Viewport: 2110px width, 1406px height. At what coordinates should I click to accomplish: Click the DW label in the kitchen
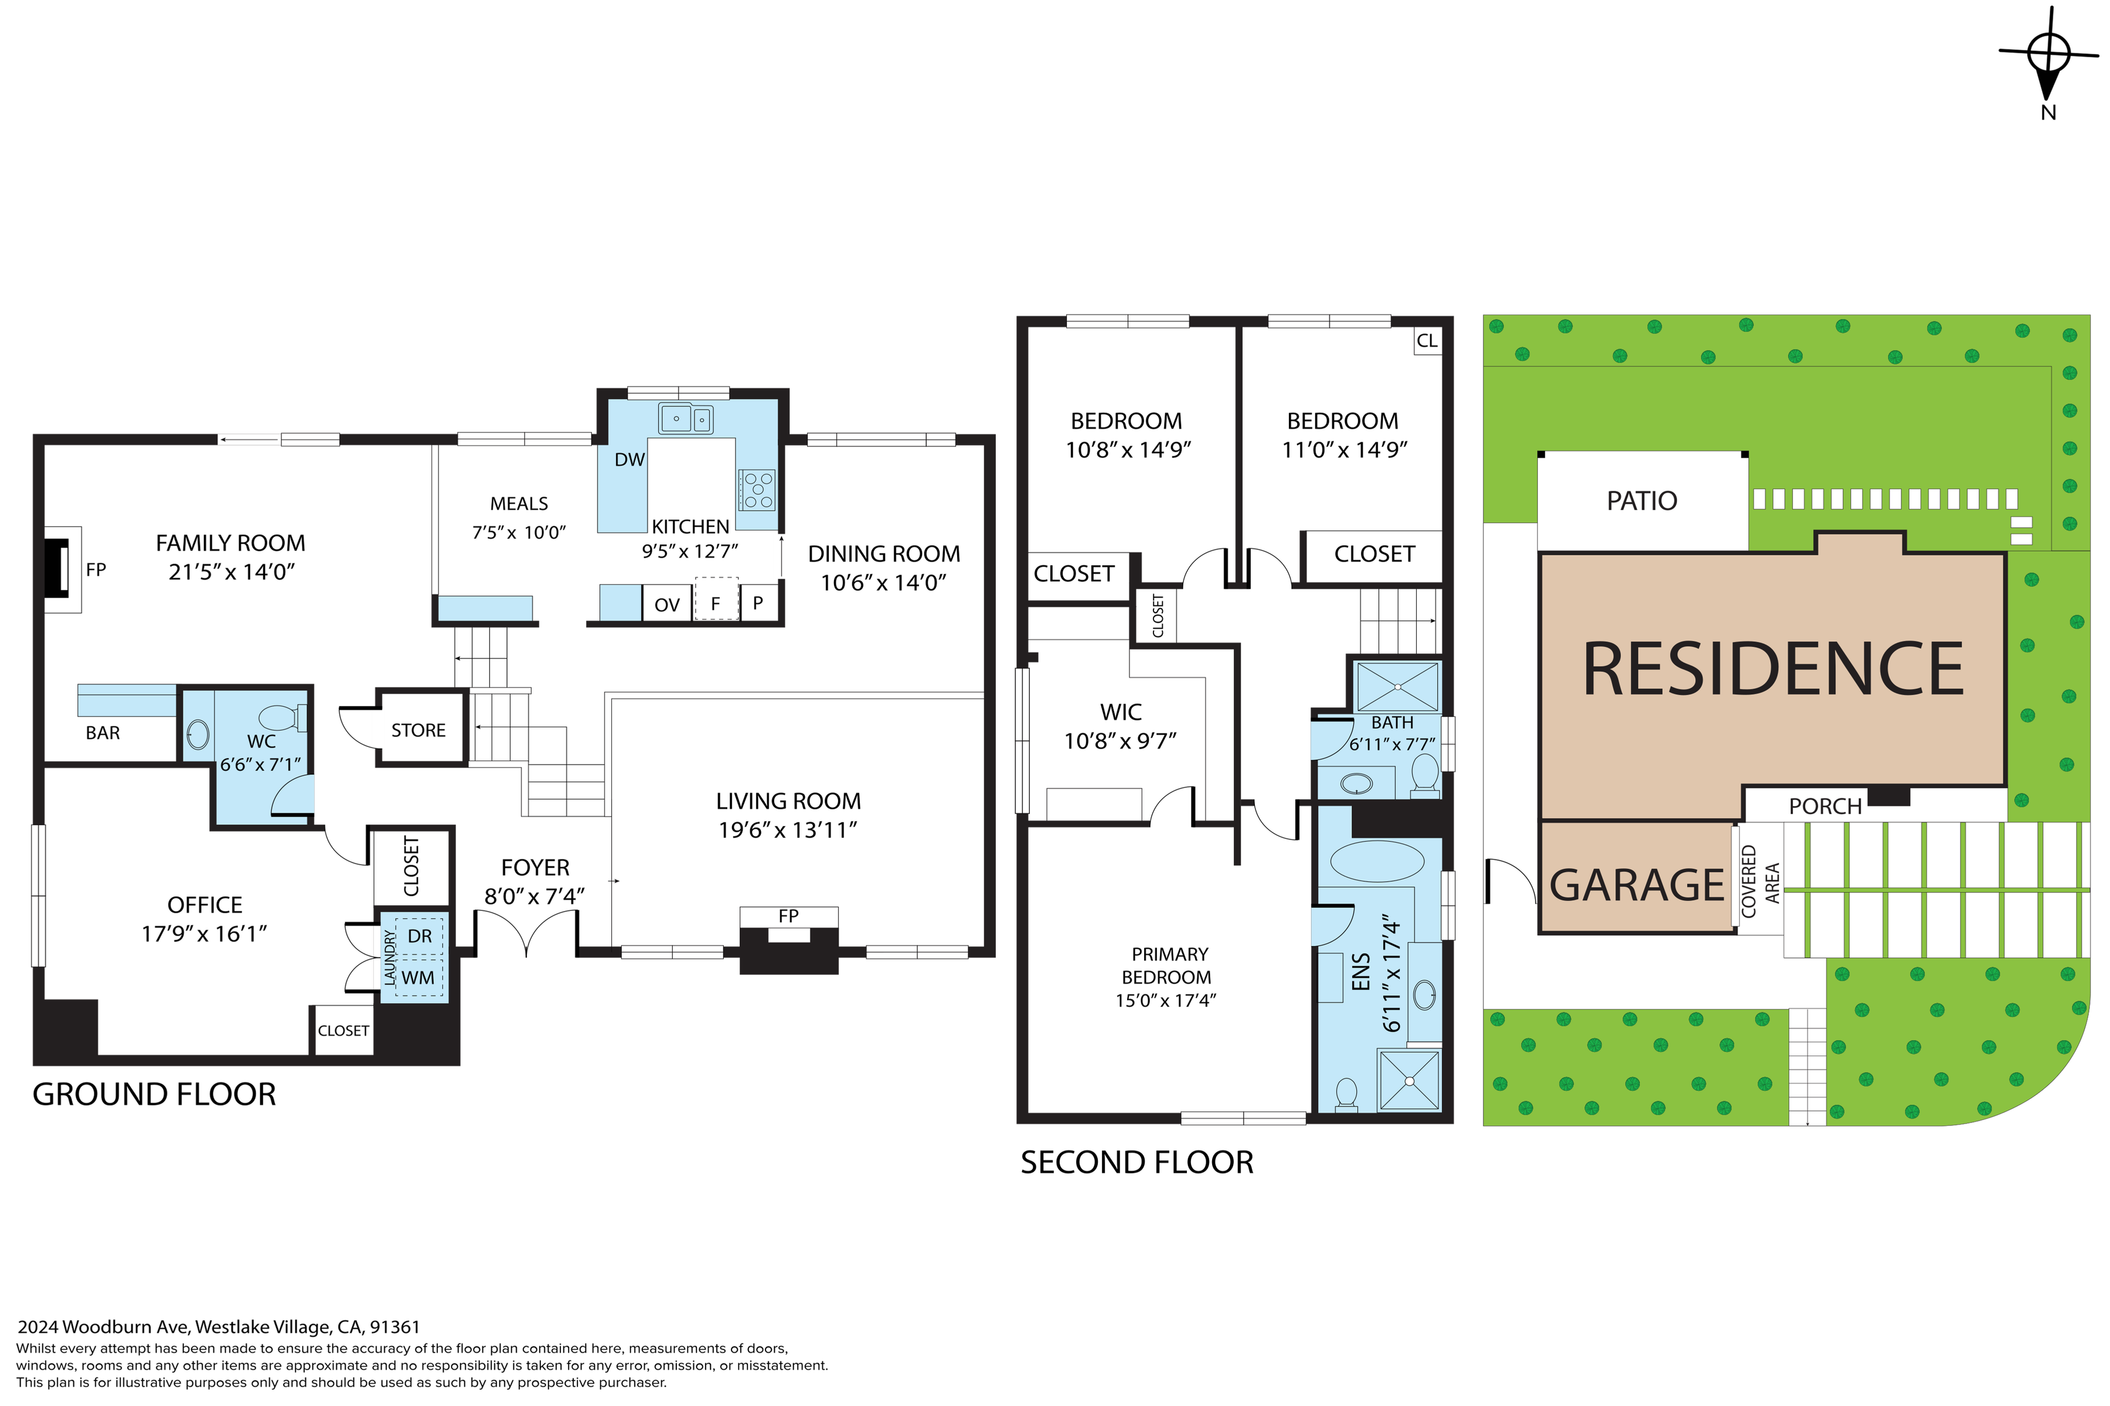click(629, 460)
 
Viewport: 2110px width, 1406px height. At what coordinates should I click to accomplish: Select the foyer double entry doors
click(526, 933)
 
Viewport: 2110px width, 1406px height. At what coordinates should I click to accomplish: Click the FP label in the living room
click(788, 916)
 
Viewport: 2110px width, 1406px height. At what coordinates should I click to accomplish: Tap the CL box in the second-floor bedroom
click(1427, 341)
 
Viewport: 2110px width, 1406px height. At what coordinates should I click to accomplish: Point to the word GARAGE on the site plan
click(1637, 885)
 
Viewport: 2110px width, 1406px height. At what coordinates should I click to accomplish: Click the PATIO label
click(1642, 500)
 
